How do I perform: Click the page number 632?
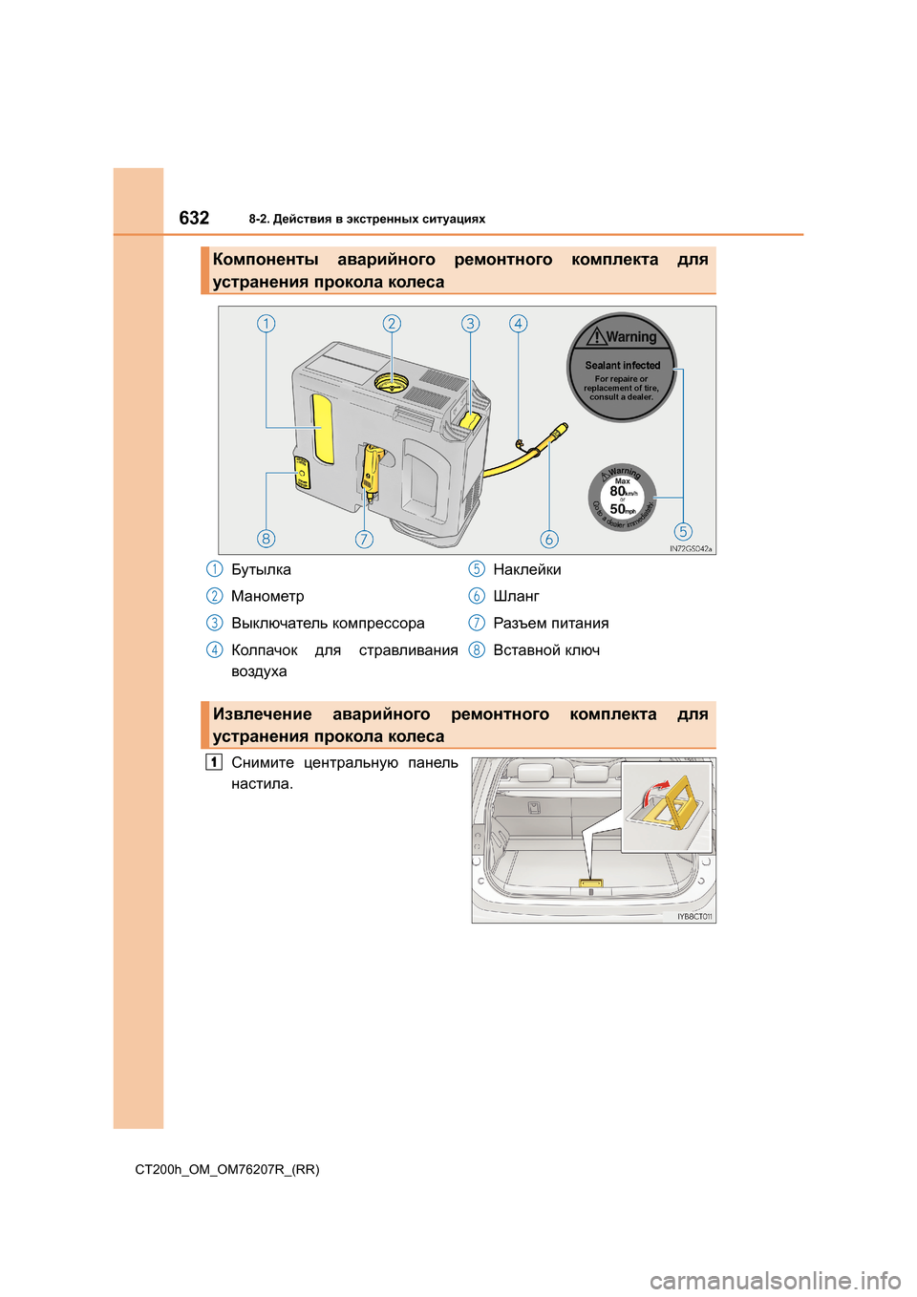coord(194,218)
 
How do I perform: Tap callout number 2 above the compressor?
coord(392,324)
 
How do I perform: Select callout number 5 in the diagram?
coord(683,532)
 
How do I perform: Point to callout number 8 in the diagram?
coord(267,539)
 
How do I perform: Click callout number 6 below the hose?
coord(548,540)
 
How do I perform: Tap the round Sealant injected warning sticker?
coord(622,368)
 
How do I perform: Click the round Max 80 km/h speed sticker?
coord(622,498)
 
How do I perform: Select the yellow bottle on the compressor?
coord(322,428)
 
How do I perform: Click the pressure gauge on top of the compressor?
coord(392,383)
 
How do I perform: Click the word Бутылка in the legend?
coord(261,569)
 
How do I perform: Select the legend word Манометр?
coord(267,596)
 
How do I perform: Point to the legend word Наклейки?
coord(527,569)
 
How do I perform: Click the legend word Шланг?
coord(516,596)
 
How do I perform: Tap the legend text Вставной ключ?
coord(546,650)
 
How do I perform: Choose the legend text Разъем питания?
coord(550,624)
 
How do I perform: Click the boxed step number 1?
coord(214,762)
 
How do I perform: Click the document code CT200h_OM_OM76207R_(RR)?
coord(227,1169)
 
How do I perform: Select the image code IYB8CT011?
coord(694,917)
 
